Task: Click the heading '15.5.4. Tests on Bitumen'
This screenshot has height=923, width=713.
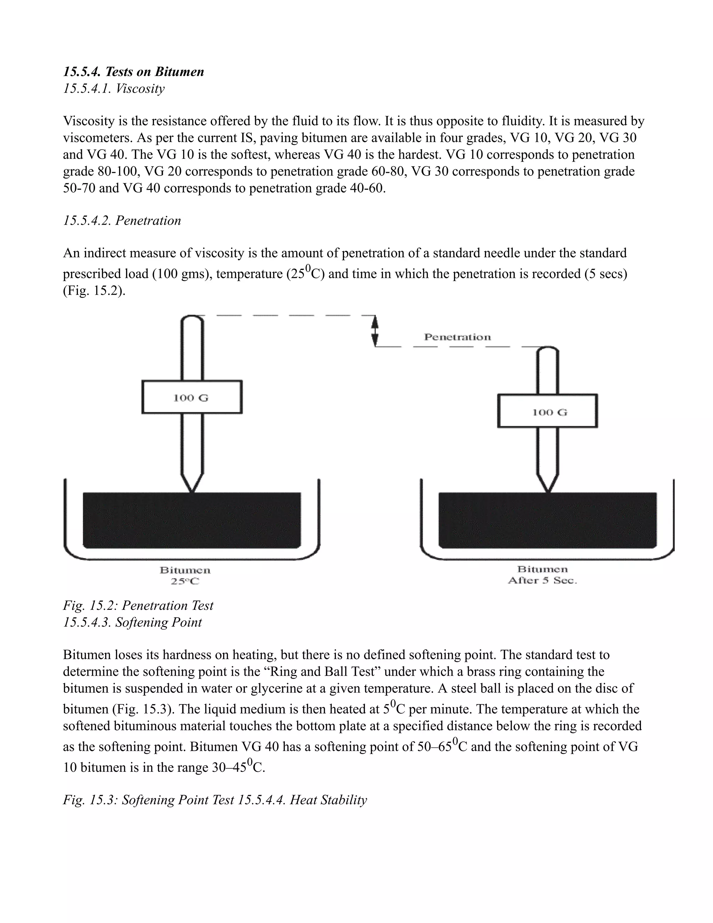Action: tap(133, 71)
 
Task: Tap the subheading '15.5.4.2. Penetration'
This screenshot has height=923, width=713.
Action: tap(122, 220)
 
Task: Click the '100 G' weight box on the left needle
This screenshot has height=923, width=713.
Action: tap(192, 397)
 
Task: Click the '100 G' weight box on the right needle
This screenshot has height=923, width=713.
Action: tap(547, 411)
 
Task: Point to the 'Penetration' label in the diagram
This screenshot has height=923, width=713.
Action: tap(457, 337)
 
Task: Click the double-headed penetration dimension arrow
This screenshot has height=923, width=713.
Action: tap(375, 331)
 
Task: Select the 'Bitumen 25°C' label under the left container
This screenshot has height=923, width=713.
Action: tap(185, 576)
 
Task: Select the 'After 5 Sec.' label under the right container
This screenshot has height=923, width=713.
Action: tap(542, 581)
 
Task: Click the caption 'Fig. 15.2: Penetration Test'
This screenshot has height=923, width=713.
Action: tap(138, 606)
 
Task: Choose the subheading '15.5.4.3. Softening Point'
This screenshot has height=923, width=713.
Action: tap(132, 622)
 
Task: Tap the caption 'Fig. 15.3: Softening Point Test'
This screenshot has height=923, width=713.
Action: tap(149, 800)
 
